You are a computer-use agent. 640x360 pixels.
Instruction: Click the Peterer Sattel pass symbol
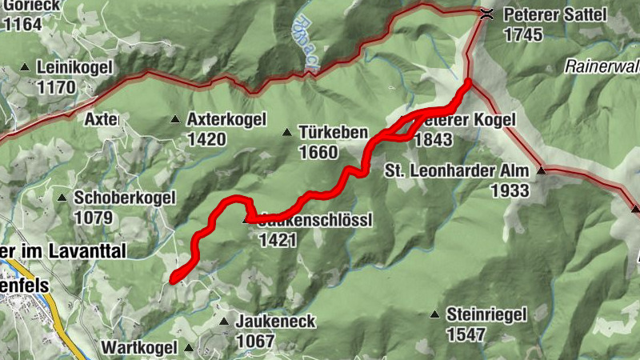pos(486,14)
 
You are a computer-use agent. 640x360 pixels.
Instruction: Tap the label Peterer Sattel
pos(555,14)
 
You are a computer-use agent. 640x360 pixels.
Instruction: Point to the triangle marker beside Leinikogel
pos(25,68)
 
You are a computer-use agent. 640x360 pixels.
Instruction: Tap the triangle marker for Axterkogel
pos(174,120)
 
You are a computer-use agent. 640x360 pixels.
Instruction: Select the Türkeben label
pos(333,132)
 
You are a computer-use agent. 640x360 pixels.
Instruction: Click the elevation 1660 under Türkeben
pos(318,152)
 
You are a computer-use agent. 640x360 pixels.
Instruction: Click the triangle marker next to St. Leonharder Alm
pos(541,170)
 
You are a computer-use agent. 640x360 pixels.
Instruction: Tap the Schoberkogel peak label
pos(120,197)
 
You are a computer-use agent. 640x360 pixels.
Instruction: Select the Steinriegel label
pos(487,314)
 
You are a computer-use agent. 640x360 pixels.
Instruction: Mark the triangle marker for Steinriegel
pos(435,314)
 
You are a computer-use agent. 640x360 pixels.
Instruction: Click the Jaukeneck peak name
pos(276,322)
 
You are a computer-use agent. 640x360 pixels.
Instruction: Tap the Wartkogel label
pos(138,348)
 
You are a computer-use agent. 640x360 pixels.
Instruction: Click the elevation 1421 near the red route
pos(278,239)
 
